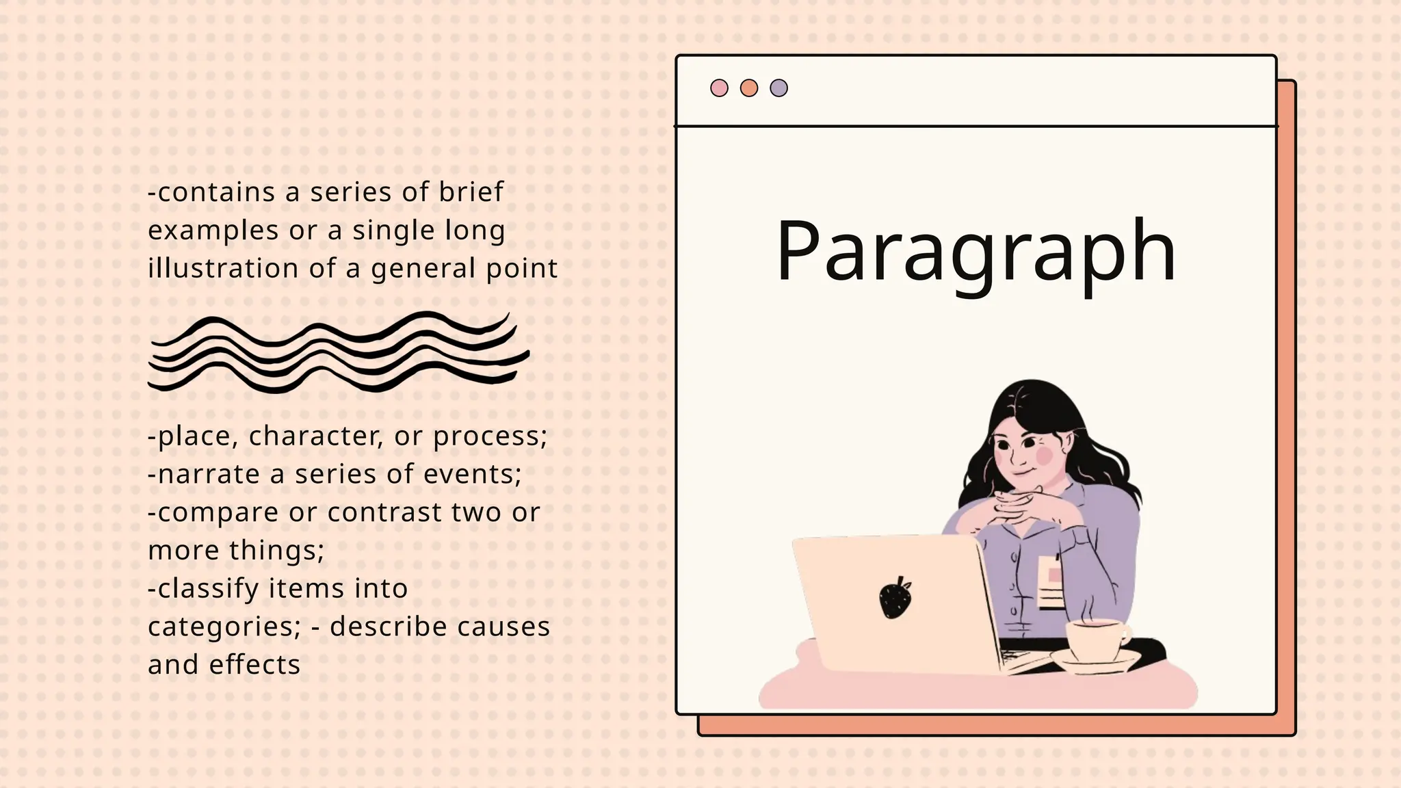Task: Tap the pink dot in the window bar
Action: click(x=719, y=88)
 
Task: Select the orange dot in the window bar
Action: click(x=749, y=88)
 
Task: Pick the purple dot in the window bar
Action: click(x=778, y=88)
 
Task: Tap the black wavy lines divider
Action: click(x=339, y=352)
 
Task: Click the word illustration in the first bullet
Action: click(x=223, y=268)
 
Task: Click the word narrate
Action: click(x=209, y=474)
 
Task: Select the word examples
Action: click(x=213, y=231)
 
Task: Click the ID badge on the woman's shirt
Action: click(x=1050, y=582)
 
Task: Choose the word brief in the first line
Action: click(x=471, y=192)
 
